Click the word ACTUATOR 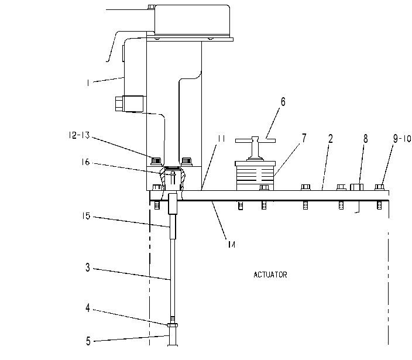(270, 275)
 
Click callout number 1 (88, 83)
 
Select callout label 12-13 (79, 135)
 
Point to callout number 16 (85, 162)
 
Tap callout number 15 (85, 216)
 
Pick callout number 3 (88, 268)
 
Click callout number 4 (88, 308)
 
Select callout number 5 (88, 341)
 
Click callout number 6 (283, 102)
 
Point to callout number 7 (304, 138)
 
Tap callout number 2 (330, 139)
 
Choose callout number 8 (366, 139)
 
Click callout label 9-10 (401, 139)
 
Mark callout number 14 (231, 245)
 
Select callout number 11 (221, 139)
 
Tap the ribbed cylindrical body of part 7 (255, 176)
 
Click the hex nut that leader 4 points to (173, 325)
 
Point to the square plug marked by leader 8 (357, 187)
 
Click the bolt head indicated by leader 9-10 (379, 187)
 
